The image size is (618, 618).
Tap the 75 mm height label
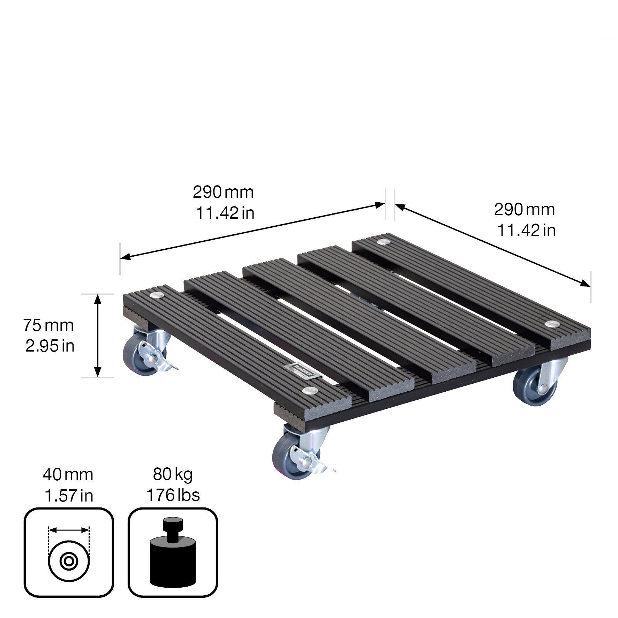[48, 325]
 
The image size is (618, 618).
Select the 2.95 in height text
[50, 346]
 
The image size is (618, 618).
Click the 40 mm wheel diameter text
[68, 475]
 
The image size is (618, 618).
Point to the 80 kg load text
[173, 474]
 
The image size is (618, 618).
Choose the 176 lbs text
[173, 495]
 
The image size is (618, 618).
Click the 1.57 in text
[69, 496]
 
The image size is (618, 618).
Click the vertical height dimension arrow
[98, 336]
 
